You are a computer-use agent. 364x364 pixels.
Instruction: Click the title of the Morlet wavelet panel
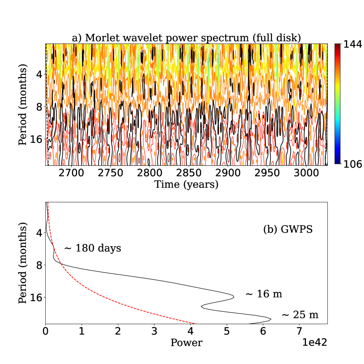186,38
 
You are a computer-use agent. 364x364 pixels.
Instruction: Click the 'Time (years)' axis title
186,185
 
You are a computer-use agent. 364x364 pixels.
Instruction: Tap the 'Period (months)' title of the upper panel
23,105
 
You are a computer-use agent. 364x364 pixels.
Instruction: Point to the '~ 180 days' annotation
92,249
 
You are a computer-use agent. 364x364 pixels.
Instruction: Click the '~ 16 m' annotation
264,294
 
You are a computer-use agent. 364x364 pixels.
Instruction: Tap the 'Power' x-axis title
186,343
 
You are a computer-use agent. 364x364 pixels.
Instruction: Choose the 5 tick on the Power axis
227,332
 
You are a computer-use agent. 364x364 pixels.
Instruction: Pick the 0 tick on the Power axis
46,332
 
